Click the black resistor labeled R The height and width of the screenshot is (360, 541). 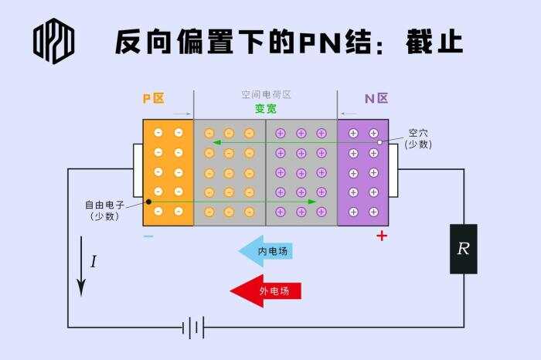point(464,249)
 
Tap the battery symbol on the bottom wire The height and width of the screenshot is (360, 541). point(193,327)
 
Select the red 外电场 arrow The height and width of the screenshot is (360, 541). point(266,290)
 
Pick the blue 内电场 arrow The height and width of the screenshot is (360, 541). point(265,251)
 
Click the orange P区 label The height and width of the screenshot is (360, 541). point(154,99)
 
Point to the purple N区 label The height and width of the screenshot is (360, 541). point(376,99)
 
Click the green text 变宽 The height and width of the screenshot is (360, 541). point(266,109)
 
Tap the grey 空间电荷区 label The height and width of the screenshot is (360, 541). point(266,94)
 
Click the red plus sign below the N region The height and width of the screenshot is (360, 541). point(382,236)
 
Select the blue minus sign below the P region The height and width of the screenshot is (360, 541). point(148,236)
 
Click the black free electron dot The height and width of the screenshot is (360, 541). point(148,202)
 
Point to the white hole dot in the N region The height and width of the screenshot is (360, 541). point(380,142)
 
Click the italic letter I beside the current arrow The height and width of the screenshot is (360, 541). point(94,261)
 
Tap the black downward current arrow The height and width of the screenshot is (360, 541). point(81,267)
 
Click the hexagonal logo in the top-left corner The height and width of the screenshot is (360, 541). point(53,41)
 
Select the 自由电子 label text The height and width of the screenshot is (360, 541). point(104,205)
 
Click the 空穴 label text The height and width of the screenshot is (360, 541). point(418,133)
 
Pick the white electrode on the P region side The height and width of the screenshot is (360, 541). point(138,171)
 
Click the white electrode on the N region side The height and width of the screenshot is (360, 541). point(393,171)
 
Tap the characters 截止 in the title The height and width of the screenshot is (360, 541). point(434,42)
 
